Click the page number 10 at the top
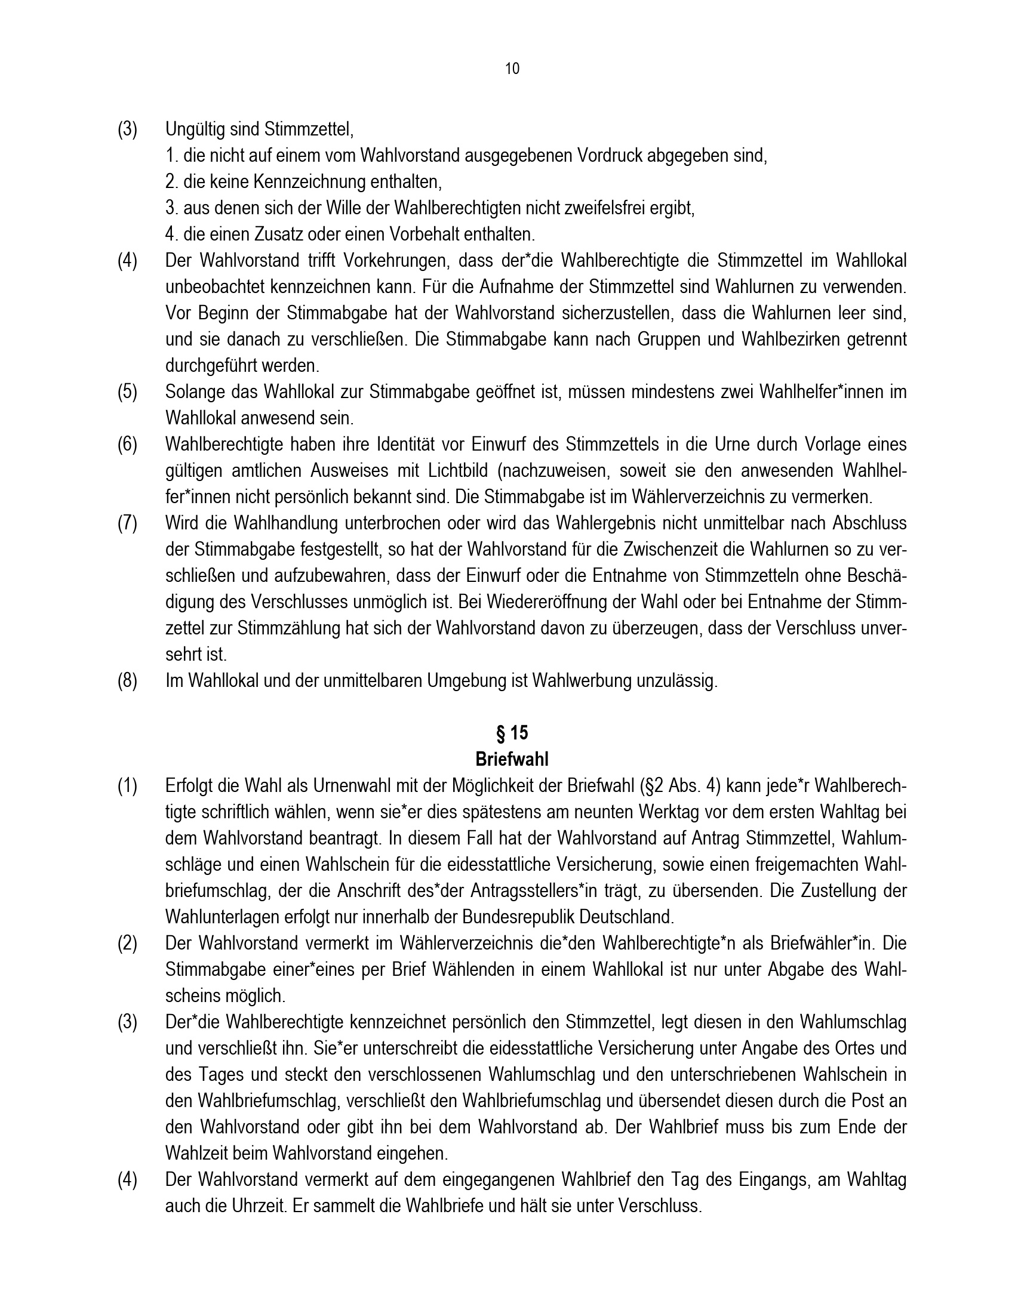pyautogui.click(x=512, y=69)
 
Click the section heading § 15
pyautogui.click(x=512, y=733)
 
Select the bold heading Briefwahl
pyautogui.click(x=512, y=759)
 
